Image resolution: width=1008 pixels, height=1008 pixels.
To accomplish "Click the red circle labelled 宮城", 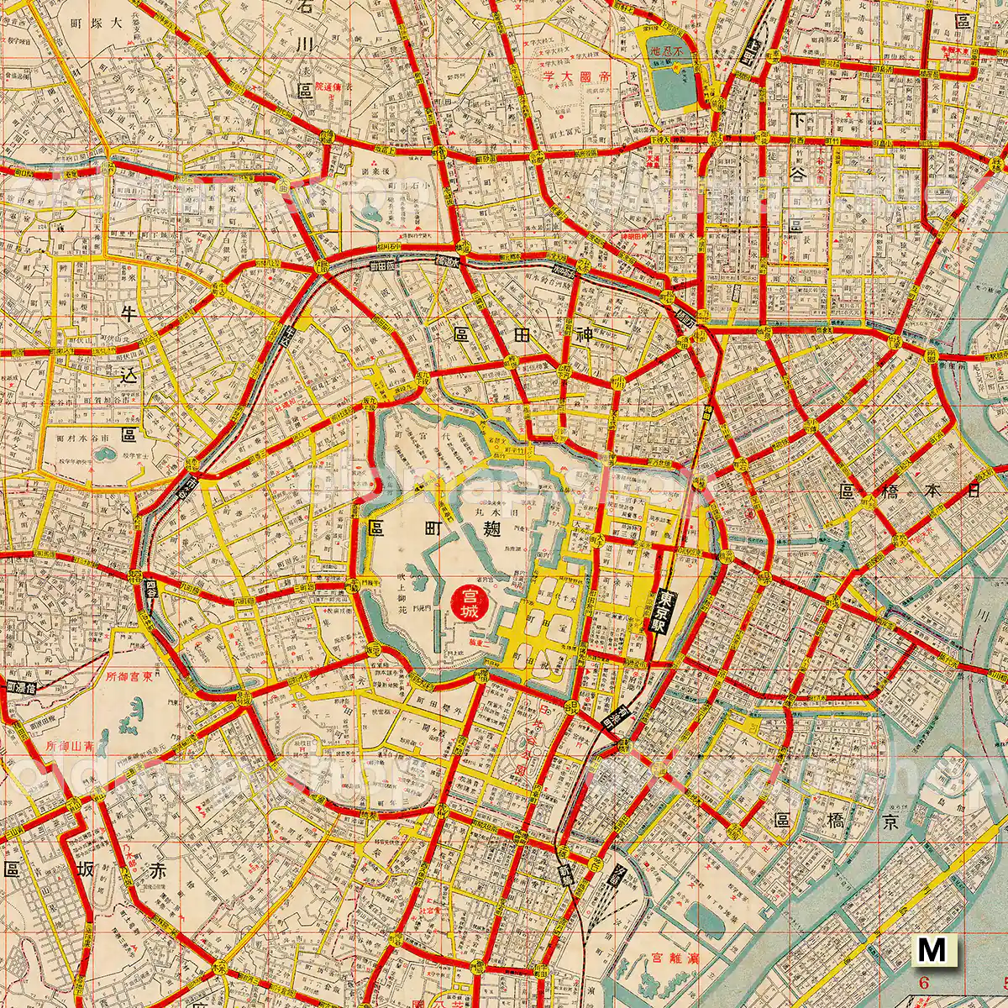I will click(x=466, y=602).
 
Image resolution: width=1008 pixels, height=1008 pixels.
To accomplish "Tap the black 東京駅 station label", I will click(x=663, y=612).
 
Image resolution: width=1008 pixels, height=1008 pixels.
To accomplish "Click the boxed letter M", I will click(x=932, y=950).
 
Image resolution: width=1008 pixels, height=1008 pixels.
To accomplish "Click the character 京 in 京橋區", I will click(x=890, y=821).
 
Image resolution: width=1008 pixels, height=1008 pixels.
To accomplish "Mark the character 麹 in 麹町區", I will click(x=492, y=528).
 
